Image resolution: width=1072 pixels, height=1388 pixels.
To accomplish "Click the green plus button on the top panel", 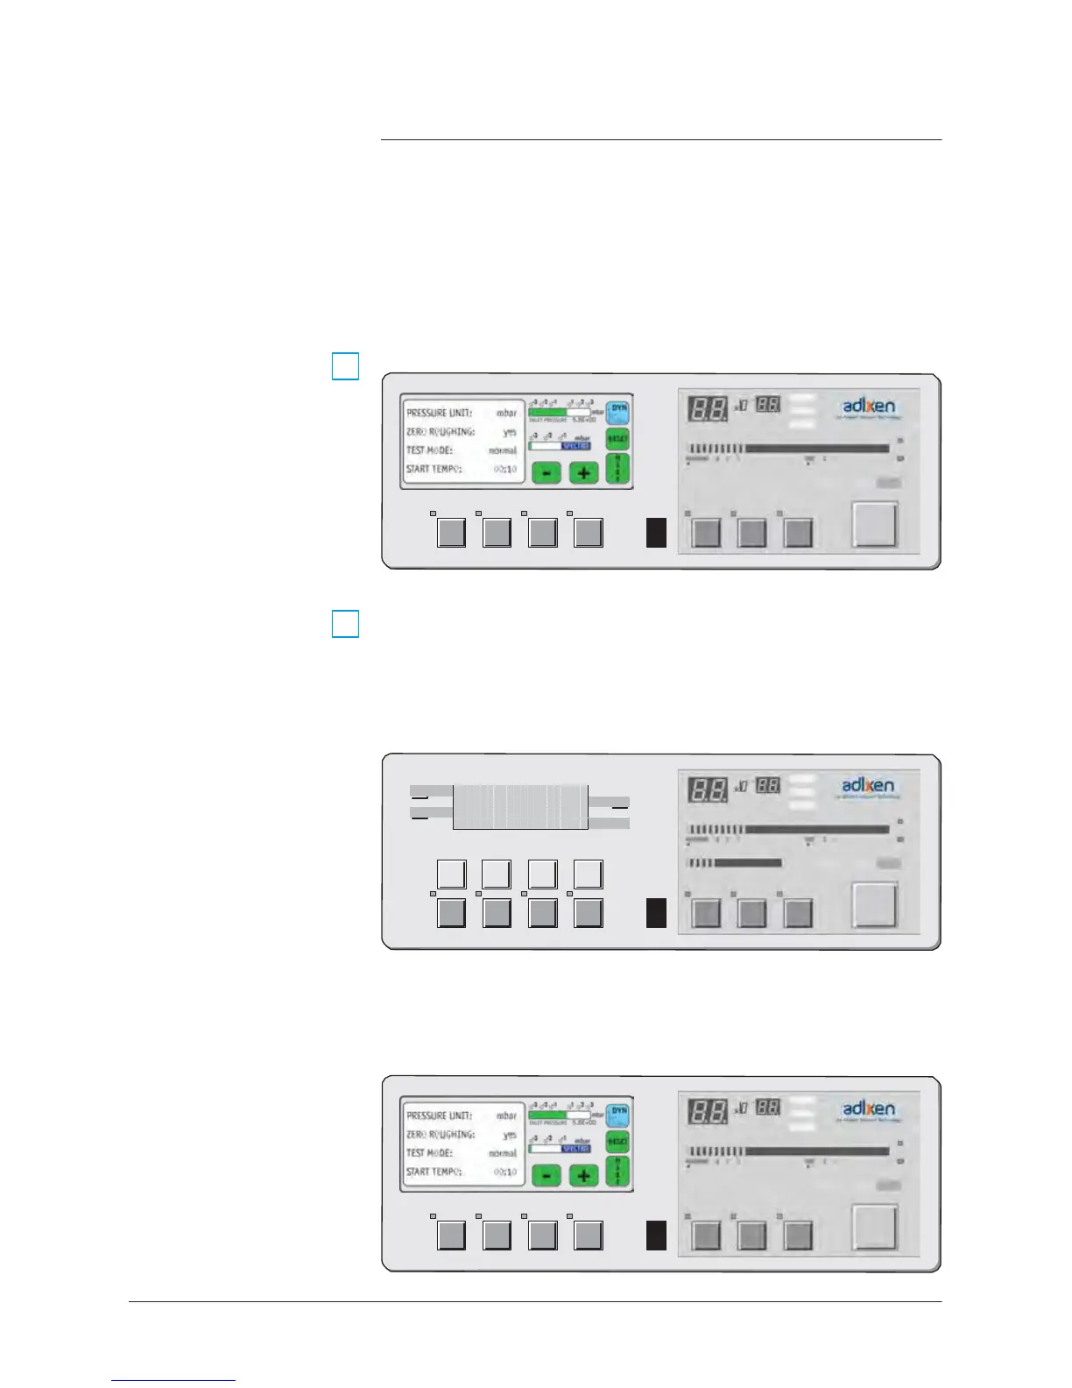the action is tap(583, 472).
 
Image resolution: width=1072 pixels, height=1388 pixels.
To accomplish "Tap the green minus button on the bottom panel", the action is tap(546, 1175).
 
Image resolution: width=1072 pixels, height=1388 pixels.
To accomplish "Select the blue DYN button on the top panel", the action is tap(618, 411).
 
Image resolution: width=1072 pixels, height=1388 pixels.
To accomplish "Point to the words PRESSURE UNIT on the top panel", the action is tap(439, 413).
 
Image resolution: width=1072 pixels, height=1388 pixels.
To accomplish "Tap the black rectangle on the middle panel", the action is tap(656, 912).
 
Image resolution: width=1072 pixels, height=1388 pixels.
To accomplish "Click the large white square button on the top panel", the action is tap(875, 523).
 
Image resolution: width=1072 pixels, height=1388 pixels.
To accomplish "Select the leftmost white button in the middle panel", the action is tap(451, 875).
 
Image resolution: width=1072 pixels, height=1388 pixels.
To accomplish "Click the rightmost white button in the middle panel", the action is tap(588, 875).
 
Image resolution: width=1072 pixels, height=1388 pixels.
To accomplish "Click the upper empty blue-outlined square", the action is tap(346, 365).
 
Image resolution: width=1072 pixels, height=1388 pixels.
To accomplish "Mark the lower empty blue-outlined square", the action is tap(346, 624).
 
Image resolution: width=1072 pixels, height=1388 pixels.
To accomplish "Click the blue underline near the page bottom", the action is tap(173, 1380).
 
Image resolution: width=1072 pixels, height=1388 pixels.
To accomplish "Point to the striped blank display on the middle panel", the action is tap(520, 806).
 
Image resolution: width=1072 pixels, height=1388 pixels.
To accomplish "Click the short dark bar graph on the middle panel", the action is tap(747, 863).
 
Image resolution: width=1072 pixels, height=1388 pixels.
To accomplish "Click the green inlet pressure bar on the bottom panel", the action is tap(547, 1115).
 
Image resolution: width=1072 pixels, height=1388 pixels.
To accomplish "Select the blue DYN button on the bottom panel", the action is tap(618, 1114).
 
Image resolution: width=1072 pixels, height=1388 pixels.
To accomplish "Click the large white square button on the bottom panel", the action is tap(875, 1226).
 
